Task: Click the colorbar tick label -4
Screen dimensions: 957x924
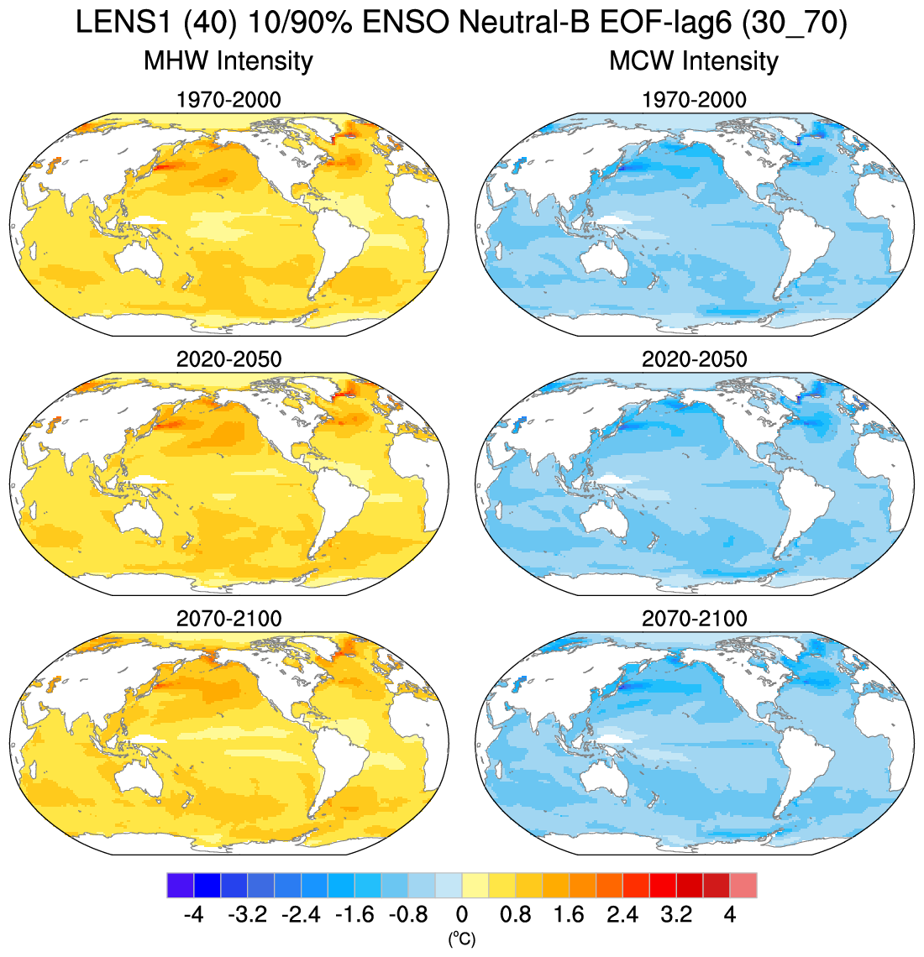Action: pyautogui.click(x=194, y=914)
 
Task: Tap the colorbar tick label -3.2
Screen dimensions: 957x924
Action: pyautogui.click(x=248, y=914)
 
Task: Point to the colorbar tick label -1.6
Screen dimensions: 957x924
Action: pyautogui.click(x=354, y=914)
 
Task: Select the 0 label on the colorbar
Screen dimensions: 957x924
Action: pyautogui.click(x=462, y=914)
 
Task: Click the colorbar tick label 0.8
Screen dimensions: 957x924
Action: pyautogui.click(x=515, y=914)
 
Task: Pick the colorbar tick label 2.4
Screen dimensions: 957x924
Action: pyautogui.click(x=622, y=914)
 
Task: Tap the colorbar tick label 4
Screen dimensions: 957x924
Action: pyautogui.click(x=730, y=914)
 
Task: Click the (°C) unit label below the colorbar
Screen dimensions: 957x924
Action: pyautogui.click(x=462, y=939)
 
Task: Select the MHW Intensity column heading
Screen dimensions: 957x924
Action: pyautogui.click(x=228, y=61)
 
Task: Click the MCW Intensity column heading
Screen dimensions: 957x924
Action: pyautogui.click(x=694, y=61)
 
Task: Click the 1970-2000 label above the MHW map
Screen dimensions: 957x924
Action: pyautogui.click(x=228, y=100)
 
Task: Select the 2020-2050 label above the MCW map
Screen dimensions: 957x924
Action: pyautogui.click(x=694, y=359)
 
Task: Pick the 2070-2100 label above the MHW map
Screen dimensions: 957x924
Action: pyautogui.click(x=228, y=619)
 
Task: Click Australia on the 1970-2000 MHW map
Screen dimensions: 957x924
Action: pyautogui.click(x=145, y=257)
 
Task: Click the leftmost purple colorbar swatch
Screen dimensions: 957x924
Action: pyautogui.click(x=181, y=885)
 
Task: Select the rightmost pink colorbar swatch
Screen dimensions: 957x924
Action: pyautogui.click(x=743, y=885)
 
